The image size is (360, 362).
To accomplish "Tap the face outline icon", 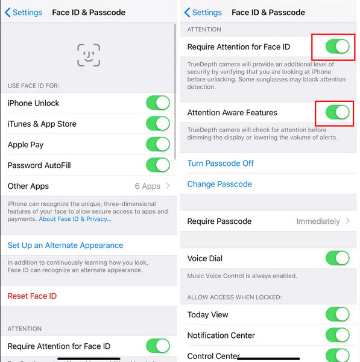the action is (x=89, y=55).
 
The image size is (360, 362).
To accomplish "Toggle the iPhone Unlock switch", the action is (x=158, y=103).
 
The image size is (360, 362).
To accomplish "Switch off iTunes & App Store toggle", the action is (x=158, y=124).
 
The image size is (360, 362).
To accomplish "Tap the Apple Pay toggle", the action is (x=158, y=144).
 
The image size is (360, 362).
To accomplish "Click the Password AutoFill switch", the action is (x=158, y=165).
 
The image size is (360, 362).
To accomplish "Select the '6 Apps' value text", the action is (x=148, y=186).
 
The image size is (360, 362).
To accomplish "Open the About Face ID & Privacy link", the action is (x=75, y=219).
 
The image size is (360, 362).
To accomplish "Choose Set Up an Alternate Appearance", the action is (x=65, y=245).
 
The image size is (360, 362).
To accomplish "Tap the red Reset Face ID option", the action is (x=32, y=296).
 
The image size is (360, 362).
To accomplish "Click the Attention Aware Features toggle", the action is (x=337, y=112).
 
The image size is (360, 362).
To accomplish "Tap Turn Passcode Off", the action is (x=220, y=164).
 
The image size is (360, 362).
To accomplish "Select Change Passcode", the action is (x=219, y=184).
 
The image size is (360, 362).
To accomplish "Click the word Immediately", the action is (x=318, y=221).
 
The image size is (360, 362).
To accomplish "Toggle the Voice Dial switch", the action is (x=337, y=258).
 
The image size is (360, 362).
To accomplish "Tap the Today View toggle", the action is (x=337, y=314).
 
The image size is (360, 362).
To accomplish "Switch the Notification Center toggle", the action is (x=337, y=335).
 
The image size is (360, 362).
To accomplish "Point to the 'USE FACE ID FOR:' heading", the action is (x=33, y=86).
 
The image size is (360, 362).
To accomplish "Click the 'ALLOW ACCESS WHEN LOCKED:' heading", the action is (x=235, y=297).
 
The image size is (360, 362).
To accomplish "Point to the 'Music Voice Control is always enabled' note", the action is (x=242, y=276).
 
